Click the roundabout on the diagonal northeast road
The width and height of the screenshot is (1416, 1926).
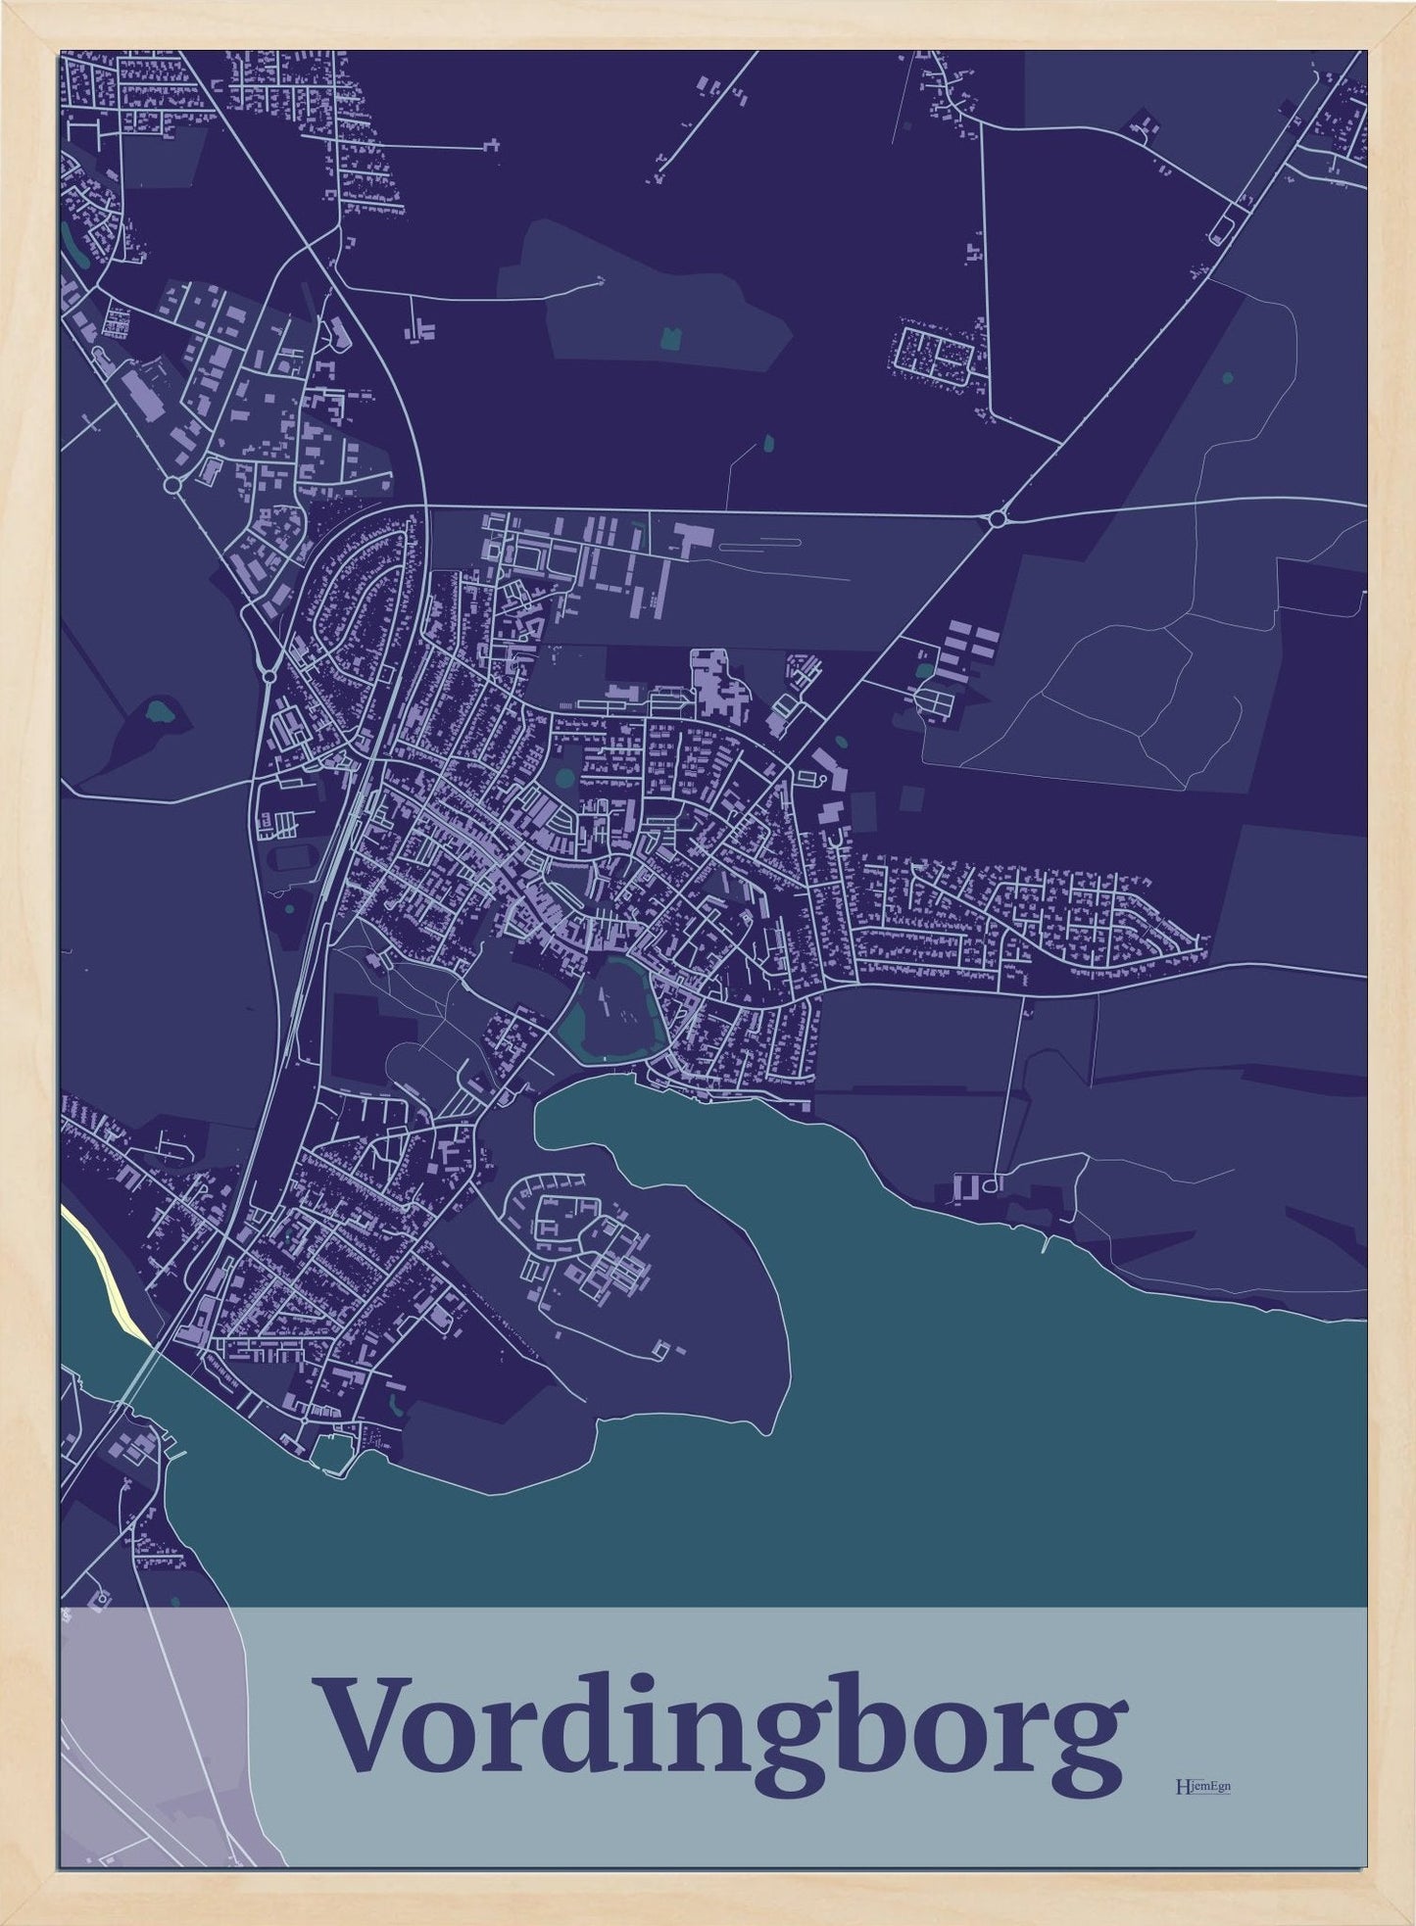(999, 517)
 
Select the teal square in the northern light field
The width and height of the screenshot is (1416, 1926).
(671, 338)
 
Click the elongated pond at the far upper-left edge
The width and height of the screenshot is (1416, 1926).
(67, 234)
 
